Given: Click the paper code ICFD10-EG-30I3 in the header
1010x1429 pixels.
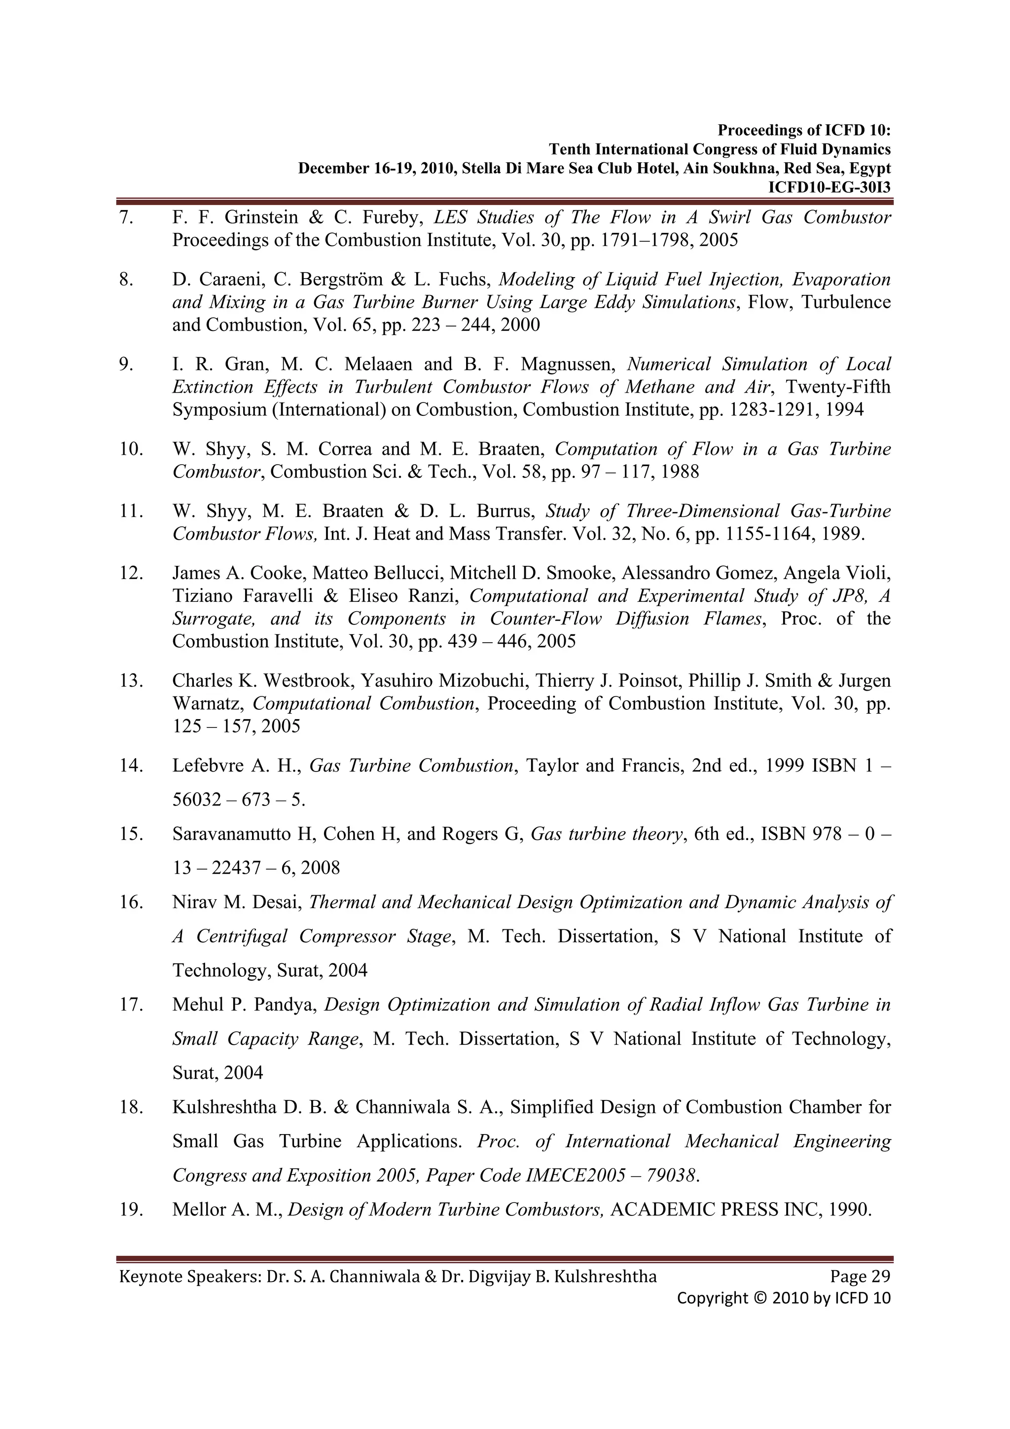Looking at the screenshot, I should pos(829,187).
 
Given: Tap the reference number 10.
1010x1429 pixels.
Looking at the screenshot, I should pos(131,449).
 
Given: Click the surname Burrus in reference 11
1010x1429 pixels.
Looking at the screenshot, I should pos(504,511).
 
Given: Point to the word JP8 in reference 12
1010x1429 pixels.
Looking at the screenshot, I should pos(849,596).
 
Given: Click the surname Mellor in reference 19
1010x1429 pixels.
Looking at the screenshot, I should pos(198,1209).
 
